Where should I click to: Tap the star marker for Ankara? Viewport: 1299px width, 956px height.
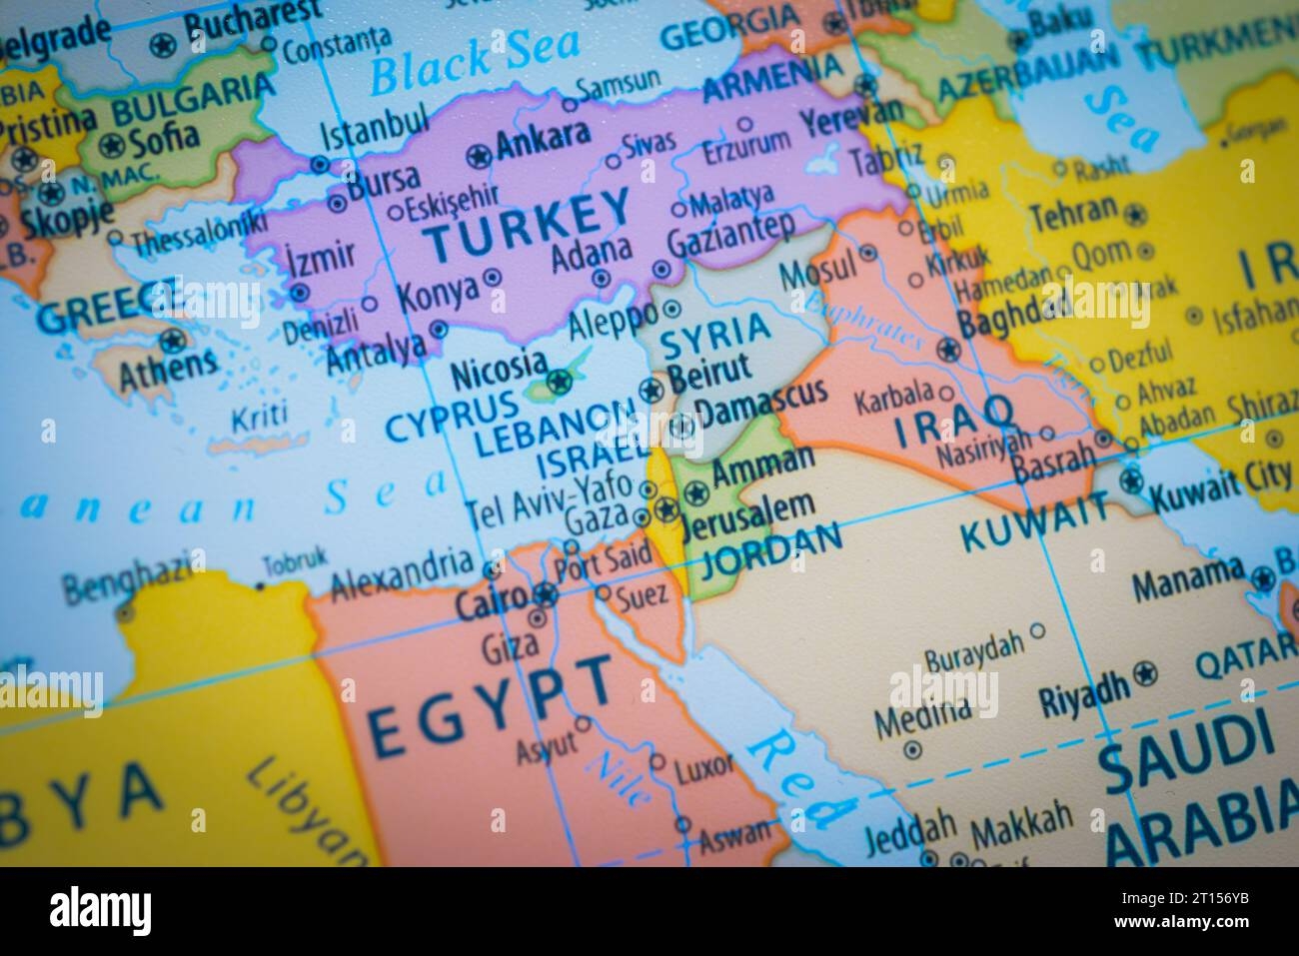click(x=480, y=155)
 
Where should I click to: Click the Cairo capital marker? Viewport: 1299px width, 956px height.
click(x=545, y=597)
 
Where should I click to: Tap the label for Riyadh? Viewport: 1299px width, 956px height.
click(x=1084, y=688)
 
